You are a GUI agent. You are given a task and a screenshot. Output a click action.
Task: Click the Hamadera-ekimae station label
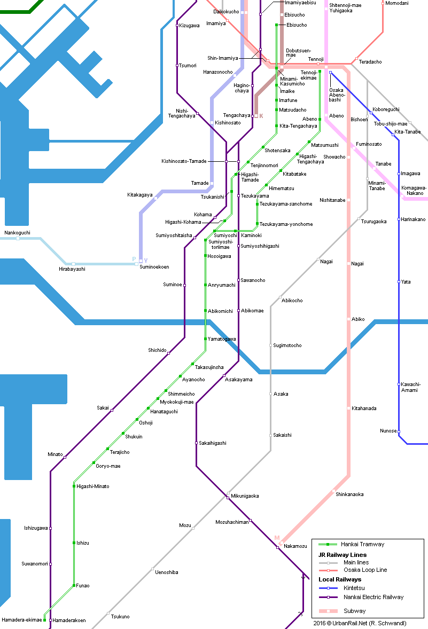22,620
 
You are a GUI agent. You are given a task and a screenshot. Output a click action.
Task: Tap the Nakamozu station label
295,546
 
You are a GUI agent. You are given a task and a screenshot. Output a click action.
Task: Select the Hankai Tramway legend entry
351,544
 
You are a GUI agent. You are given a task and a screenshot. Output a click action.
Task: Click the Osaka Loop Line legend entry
353,570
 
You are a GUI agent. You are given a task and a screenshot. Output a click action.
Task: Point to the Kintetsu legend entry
341,588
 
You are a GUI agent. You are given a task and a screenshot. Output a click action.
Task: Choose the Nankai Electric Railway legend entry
361,597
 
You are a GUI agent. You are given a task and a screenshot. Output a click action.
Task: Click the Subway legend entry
342,611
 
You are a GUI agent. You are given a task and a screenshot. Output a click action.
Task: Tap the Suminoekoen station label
154,267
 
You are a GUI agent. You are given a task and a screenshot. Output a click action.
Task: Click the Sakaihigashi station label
212,443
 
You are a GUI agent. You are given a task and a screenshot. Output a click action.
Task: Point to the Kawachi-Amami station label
410,387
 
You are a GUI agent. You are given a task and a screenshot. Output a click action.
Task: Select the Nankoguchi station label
17,233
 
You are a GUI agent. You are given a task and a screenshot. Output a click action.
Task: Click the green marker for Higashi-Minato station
74,486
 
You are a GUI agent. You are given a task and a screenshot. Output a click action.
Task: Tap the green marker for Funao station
74,586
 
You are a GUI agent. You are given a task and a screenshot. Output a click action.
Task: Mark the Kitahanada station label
364,408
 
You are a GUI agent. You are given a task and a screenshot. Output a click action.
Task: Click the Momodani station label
396,3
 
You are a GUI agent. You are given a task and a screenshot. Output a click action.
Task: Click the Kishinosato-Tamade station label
184,161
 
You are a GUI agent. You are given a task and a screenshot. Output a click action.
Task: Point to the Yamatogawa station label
222,339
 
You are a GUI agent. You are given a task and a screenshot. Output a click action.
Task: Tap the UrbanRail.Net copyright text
360,623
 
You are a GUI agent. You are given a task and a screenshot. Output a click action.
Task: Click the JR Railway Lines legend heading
343,555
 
